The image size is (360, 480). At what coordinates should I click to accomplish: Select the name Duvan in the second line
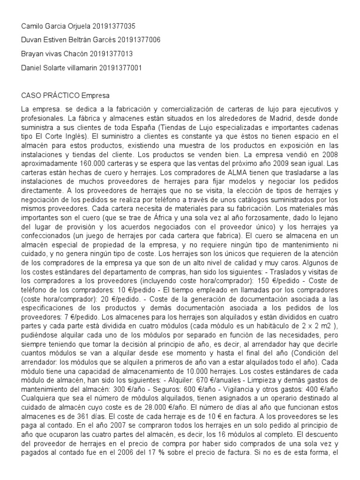[31, 40]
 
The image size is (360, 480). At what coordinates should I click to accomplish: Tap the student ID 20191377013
[111, 54]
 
